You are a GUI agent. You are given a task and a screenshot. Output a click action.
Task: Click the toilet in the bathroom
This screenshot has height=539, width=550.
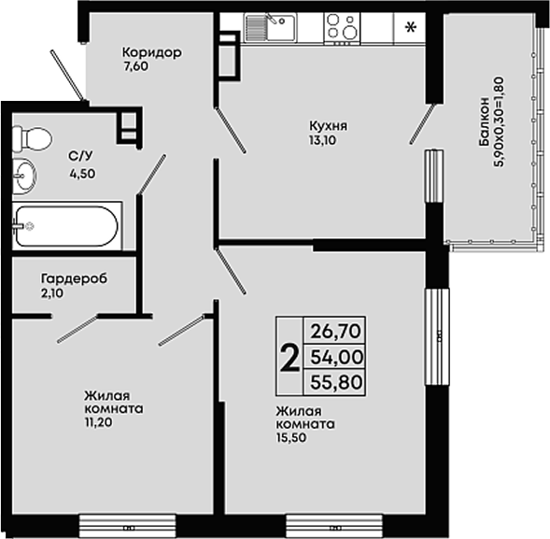(32, 138)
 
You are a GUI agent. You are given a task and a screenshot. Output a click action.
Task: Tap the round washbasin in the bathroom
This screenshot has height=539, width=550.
(24, 176)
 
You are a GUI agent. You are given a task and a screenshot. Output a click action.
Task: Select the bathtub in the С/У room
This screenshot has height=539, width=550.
(67, 226)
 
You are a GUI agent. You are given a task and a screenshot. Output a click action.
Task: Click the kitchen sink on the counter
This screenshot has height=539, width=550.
(271, 28)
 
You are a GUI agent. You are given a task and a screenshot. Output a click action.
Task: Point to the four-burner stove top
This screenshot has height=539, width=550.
(342, 28)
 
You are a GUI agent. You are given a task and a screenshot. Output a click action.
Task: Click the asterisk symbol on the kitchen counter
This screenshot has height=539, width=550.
(410, 27)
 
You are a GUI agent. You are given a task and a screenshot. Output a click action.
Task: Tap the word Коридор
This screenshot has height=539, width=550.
(152, 52)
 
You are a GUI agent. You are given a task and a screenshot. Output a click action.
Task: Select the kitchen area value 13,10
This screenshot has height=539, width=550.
(322, 140)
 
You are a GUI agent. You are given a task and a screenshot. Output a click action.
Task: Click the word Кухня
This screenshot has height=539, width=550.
(328, 125)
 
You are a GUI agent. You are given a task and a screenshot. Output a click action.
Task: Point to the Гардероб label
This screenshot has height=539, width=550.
(75, 278)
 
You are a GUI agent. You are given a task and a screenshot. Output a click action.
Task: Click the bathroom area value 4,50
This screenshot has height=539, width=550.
(82, 174)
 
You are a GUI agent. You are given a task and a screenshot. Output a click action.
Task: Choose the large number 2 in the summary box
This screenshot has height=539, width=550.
(289, 358)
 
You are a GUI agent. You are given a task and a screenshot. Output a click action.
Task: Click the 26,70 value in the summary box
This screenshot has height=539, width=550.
(335, 331)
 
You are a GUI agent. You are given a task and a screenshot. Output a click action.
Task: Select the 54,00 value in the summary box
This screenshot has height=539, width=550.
(336, 357)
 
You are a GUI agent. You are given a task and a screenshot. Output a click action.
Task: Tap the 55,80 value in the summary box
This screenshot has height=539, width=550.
(336, 382)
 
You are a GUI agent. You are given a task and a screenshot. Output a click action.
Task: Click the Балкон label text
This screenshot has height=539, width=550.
(484, 121)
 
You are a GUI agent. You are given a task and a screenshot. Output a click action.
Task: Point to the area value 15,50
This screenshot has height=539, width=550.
(291, 437)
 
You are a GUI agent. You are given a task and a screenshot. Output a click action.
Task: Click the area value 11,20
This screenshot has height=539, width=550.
(98, 422)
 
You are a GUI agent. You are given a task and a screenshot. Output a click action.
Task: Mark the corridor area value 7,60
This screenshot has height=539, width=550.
(135, 66)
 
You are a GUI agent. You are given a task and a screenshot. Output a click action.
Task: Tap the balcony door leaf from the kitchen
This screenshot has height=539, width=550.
(422, 123)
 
